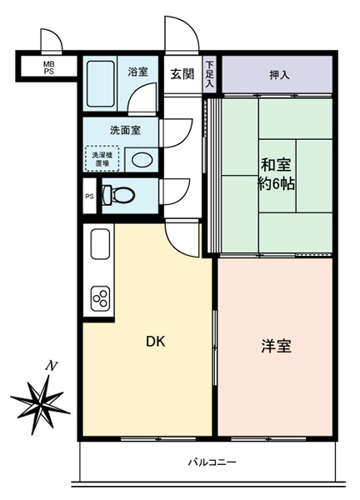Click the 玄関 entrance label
182,74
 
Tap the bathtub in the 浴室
101,83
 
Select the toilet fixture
118,194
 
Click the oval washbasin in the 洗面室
142,159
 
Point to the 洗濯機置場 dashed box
102,159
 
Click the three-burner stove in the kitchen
101,298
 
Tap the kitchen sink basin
101,244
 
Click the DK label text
156,342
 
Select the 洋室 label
277,346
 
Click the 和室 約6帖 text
276,174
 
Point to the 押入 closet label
279,75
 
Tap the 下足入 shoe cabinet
209,74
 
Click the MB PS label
49,68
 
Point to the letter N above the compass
50,366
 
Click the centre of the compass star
42,404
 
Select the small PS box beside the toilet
90,197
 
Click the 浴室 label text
138,72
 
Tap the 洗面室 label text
125,130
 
